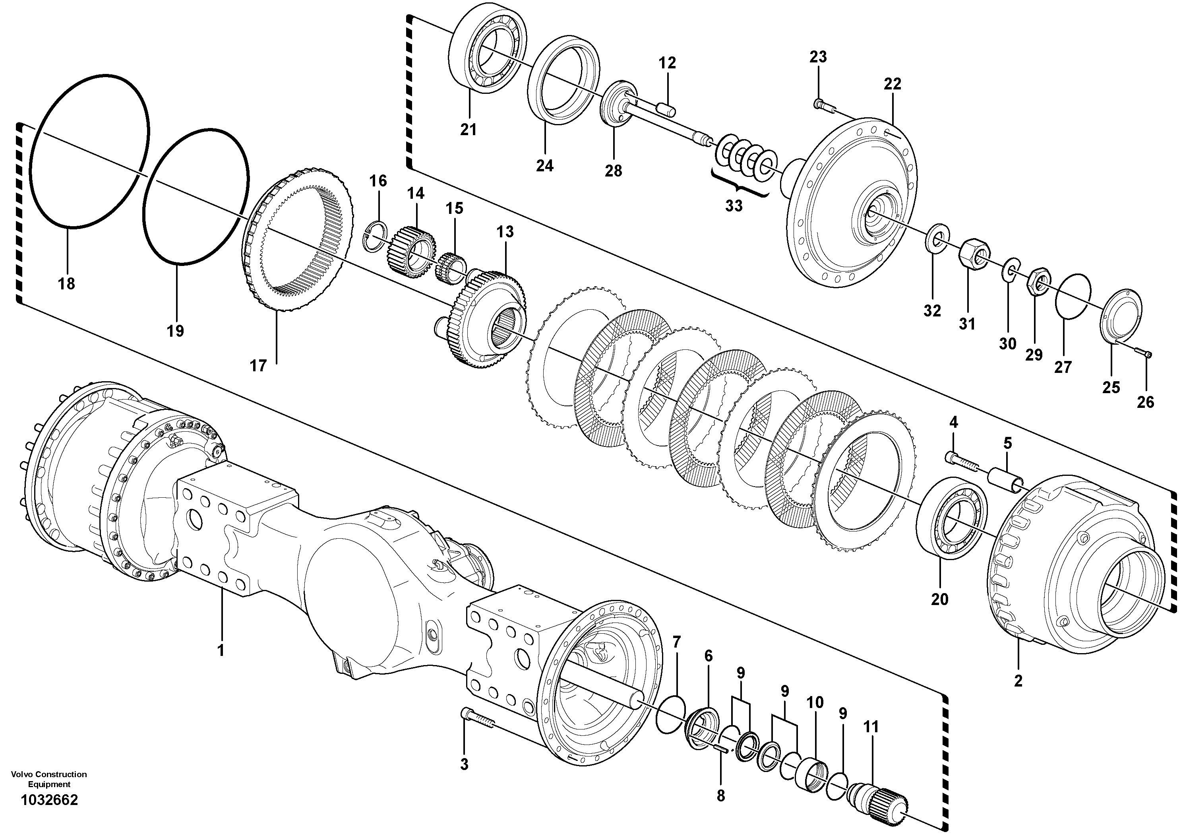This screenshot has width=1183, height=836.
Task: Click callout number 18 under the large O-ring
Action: [x=66, y=283]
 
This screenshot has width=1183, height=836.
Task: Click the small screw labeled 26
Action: [x=1144, y=368]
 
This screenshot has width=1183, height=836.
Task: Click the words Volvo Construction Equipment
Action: [x=49, y=779]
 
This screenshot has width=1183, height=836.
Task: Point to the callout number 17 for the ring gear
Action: [x=258, y=366]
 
